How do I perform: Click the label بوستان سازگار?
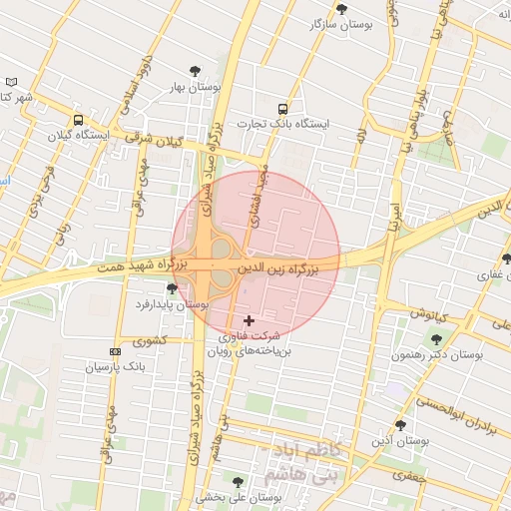pos(341,24)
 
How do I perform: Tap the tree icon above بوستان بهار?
pos(196,70)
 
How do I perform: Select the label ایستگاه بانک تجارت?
pos(282,125)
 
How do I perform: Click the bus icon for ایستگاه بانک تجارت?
pos(282,108)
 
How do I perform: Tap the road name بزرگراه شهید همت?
pos(136,266)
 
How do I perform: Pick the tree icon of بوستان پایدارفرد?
pos(172,288)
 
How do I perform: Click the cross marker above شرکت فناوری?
pos(249,320)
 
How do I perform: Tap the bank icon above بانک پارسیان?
pos(115,351)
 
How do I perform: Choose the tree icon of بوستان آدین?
pos(400,425)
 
